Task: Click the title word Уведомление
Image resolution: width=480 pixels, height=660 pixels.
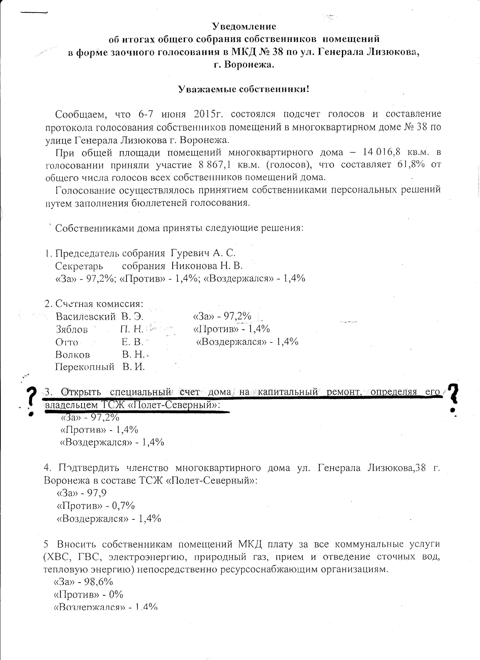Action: click(244, 26)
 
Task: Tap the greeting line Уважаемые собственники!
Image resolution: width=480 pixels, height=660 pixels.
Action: click(244, 89)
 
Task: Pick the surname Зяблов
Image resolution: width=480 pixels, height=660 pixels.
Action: click(72, 329)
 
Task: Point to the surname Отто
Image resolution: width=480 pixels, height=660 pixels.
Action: click(67, 342)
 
